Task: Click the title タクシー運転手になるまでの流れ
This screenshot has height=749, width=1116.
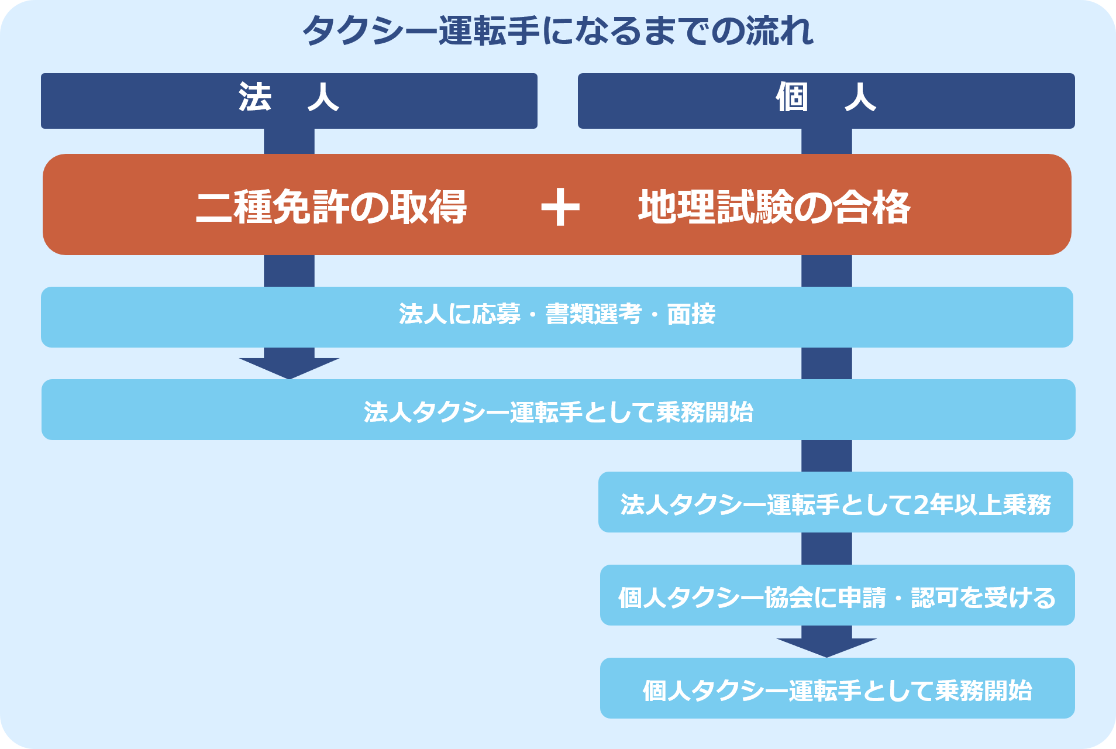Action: [557, 31]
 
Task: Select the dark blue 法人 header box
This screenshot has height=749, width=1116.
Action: [289, 100]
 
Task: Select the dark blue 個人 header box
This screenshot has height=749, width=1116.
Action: [826, 100]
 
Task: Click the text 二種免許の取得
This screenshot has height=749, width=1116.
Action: [331, 207]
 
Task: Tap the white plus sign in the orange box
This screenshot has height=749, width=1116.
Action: [560, 207]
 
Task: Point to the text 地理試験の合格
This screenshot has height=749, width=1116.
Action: [774, 207]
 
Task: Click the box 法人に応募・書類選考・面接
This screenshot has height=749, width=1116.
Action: [557, 317]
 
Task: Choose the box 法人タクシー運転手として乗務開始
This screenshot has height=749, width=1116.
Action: [558, 410]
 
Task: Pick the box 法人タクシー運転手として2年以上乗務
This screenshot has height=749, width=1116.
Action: [835, 502]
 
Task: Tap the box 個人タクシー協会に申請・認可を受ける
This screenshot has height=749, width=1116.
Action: [837, 595]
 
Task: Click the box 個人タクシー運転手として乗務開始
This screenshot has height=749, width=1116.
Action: [837, 688]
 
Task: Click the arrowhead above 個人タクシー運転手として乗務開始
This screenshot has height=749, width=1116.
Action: [826, 646]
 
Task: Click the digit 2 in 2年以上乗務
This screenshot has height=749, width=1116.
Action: [921, 504]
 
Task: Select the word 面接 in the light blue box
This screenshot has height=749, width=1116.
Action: [691, 315]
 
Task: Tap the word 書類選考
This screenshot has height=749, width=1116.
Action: [593, 315]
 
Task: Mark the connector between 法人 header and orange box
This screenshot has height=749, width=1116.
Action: [289, 141]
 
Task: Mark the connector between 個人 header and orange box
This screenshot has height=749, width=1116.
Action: [826, 141]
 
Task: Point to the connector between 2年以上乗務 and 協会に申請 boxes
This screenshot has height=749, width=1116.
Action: [826, 548]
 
